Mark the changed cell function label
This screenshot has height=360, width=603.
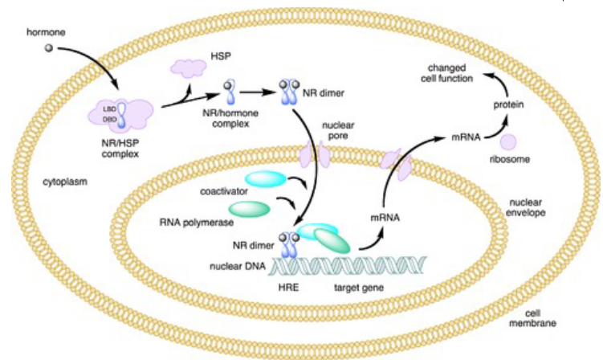click(x=474, y=72)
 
